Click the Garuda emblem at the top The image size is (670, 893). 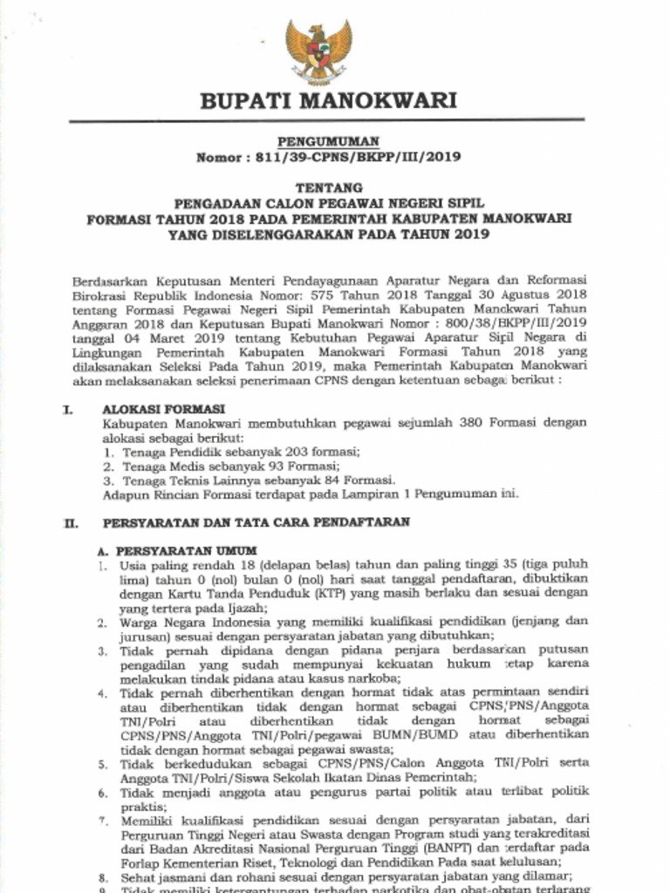pyautogui.click(x=318, y=51)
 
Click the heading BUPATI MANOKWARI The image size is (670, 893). pyautogui.click(x=328, y=101)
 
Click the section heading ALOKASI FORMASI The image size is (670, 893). pyautogui.click(x=164, y=409)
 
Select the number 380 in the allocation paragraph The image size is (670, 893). pyautogui.click(x=488, y=423)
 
